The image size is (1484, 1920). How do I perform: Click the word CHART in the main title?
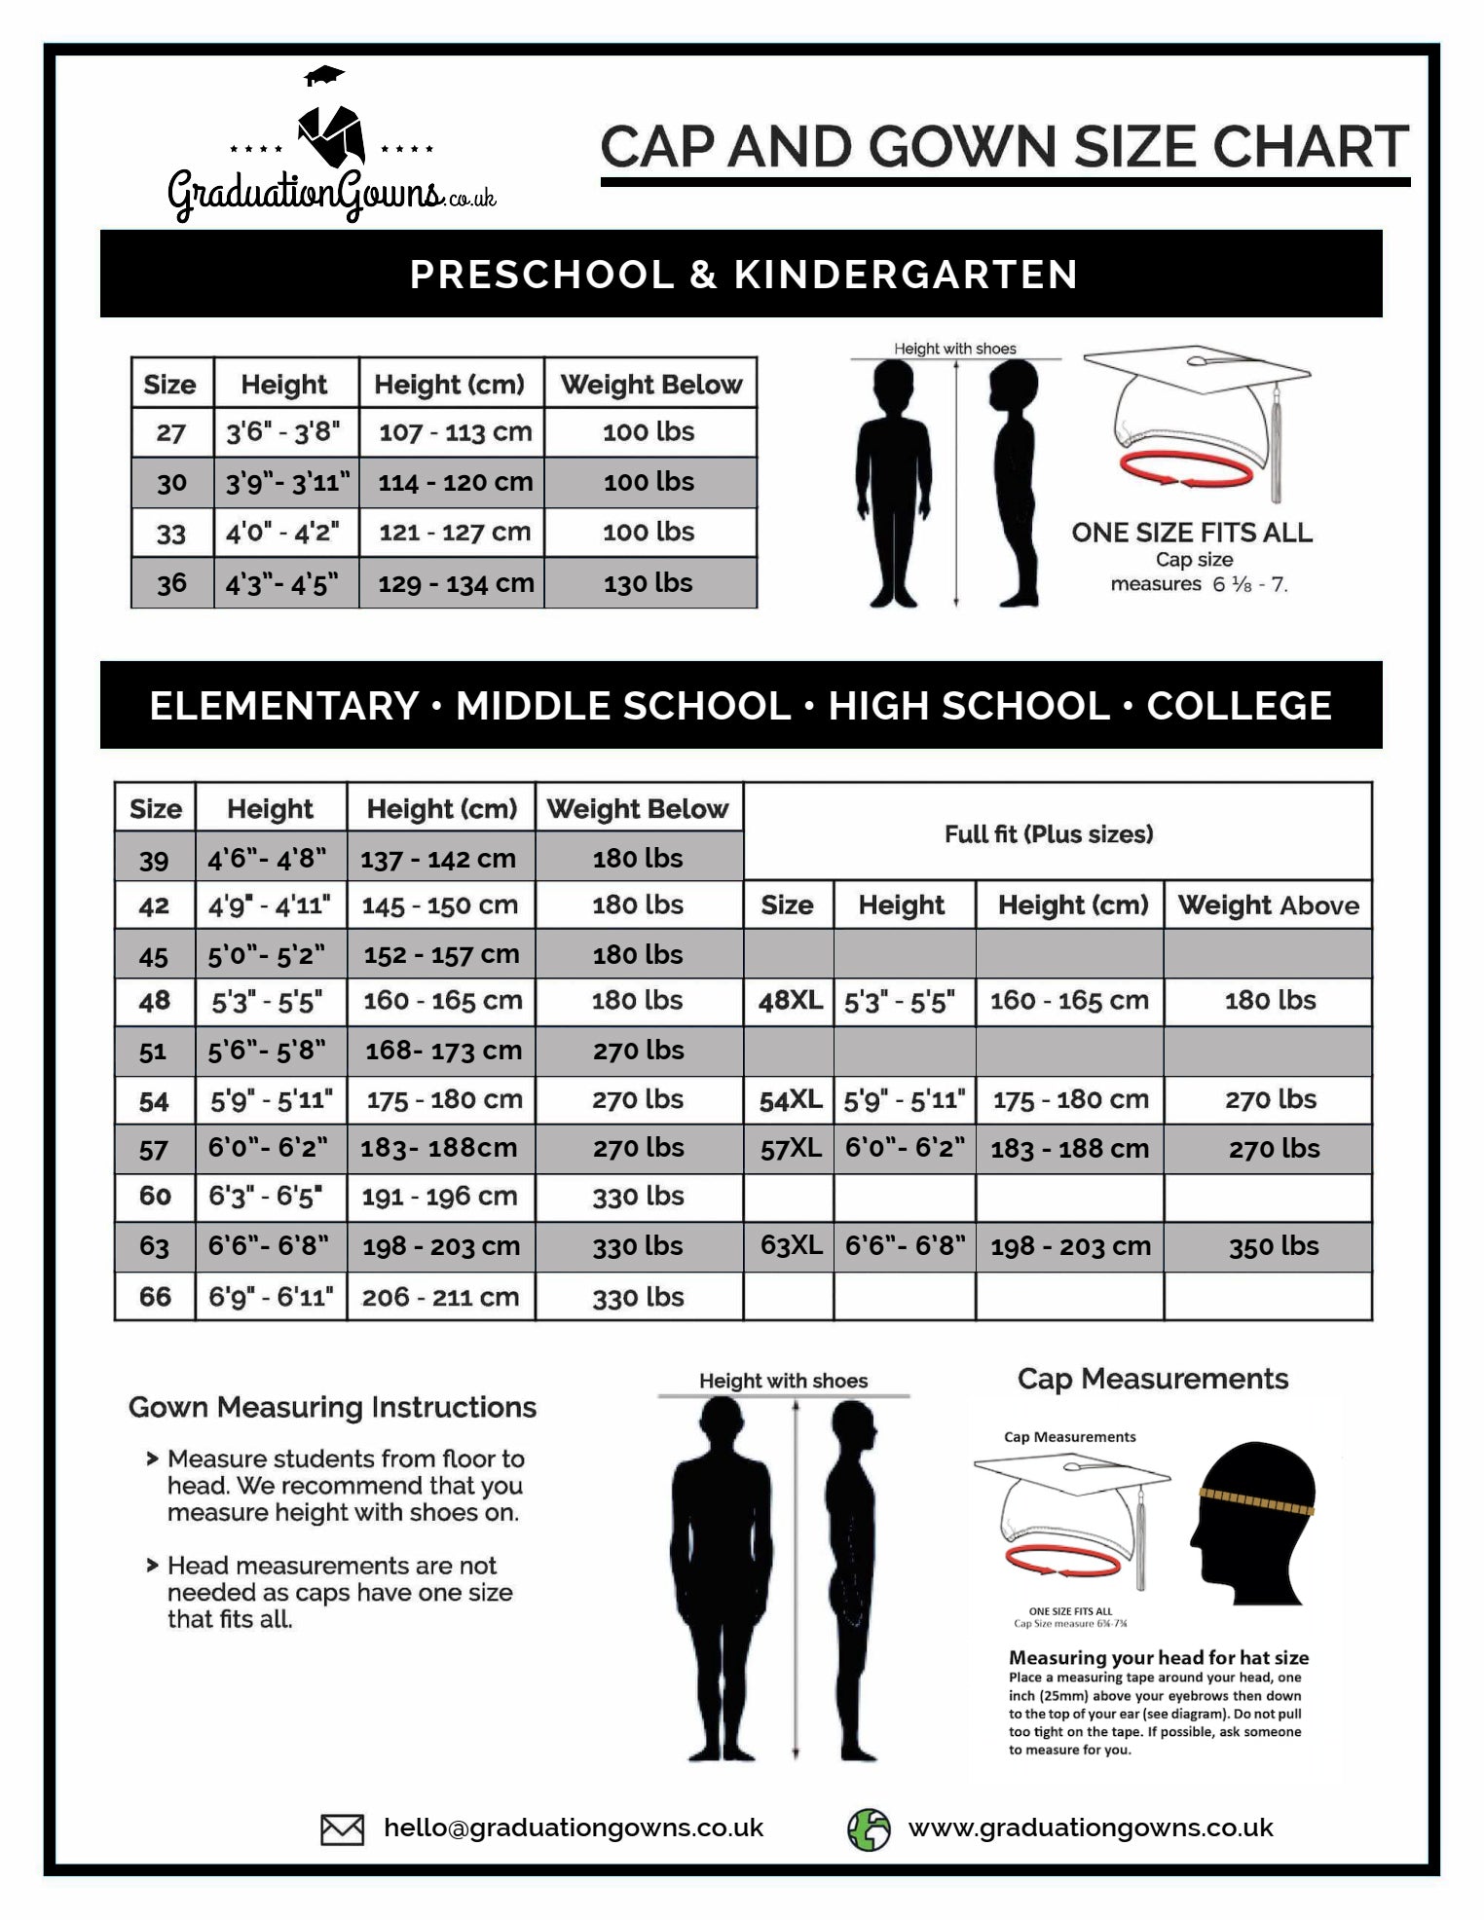(x=1311, y=147)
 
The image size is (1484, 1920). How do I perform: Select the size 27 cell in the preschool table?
(x=171, y=432)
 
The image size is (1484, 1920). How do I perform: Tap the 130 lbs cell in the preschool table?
(x=649, y=583)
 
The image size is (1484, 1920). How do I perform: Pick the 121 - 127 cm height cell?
(x=454, y=533)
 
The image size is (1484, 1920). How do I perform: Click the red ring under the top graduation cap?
(x=1186, y=472)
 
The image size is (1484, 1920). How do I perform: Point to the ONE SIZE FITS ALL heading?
(x=1192, y=533)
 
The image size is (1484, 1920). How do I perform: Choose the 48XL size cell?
(x=790, y=1001)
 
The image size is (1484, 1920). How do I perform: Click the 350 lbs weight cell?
(x=1273, y=1247)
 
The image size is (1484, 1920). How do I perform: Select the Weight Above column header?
(x=1268, y=905)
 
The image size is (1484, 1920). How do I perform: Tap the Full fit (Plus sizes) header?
(x=1049, y=834)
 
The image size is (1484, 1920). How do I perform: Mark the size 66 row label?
(x=155, y=1297)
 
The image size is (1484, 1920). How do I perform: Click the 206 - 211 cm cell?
(x=440, y=1297)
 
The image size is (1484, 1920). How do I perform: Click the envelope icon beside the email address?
(x=342, y=1829)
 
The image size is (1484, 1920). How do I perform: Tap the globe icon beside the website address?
(x=869, y=1829)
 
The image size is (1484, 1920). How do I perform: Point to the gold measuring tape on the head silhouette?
(x=1256, y=1504)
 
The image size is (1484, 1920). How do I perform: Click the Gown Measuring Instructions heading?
(x=332, y=1408)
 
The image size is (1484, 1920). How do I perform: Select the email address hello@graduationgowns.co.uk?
(x=574, y=1828)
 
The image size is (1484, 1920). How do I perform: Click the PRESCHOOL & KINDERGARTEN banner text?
(x=743, y=275)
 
